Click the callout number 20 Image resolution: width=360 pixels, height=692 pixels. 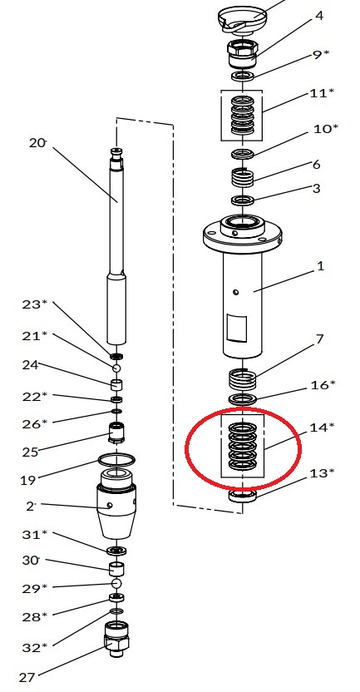[37, 143]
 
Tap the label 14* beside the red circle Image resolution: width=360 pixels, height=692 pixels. [322, 428]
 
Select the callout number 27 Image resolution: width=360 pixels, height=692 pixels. [27, 677]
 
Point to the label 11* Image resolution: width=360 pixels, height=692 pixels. [322, 93]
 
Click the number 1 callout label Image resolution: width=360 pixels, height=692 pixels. [321, 266]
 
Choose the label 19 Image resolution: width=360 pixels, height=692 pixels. [28, 480]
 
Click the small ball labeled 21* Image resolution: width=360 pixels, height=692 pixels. [116, 368]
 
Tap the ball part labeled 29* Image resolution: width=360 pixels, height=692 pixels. [116, 584]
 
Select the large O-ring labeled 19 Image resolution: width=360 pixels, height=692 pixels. [116, 460]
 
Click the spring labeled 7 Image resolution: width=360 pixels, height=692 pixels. [243, 379]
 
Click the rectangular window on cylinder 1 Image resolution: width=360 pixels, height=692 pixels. [236, 329]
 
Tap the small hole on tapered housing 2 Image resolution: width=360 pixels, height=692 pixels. [110, 506]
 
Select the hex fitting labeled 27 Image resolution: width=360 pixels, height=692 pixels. [116, 639]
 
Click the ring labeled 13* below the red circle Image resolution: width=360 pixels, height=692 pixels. [243, 496]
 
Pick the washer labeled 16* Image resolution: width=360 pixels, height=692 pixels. [243, 400]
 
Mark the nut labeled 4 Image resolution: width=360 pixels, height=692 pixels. [241, 53]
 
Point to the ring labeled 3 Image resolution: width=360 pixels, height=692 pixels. [243, 200]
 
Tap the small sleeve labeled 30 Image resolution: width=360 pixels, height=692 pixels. [116, 568]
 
